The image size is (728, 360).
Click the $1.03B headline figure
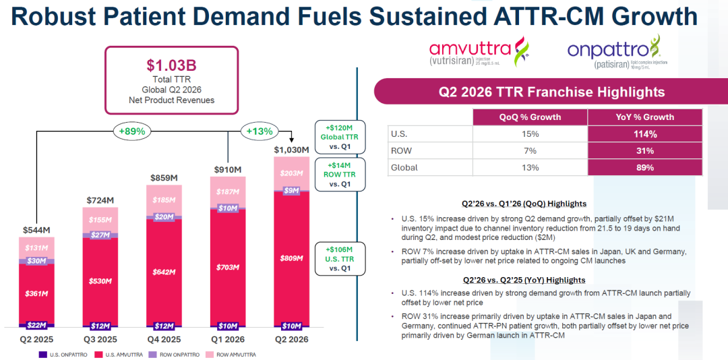(171, 65)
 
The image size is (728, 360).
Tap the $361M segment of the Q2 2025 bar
(36, 293)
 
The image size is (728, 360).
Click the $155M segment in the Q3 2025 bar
(100, 220)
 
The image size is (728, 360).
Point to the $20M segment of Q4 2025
(164, 217)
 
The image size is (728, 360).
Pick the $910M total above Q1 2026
(228, 169)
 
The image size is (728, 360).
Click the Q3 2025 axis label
(100, 340)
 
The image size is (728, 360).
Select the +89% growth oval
(132, 131)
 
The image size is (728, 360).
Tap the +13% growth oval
(260, 131)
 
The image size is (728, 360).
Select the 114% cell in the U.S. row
(645, 134)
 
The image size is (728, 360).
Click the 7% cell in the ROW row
(530, 151)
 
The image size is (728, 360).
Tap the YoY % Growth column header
(645, 117)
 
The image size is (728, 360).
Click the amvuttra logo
(478, 52)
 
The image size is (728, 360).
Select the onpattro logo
(617, 52)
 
